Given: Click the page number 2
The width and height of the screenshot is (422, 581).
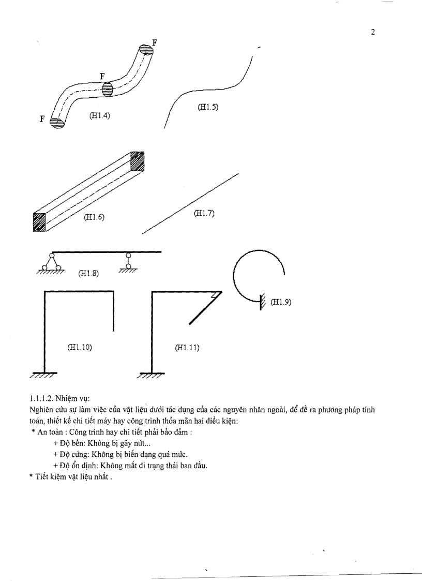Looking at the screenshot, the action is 373,32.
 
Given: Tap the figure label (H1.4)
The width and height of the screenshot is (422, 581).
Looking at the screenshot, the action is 99,116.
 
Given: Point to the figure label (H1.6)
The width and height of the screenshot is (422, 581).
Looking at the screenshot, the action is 94,218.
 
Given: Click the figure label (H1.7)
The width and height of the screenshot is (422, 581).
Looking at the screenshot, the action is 204,213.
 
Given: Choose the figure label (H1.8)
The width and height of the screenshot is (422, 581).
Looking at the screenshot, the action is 88,273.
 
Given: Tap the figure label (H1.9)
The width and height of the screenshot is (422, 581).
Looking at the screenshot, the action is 281,303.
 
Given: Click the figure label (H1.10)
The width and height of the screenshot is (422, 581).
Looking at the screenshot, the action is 80,347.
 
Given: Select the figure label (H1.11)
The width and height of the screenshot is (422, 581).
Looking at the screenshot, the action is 187,348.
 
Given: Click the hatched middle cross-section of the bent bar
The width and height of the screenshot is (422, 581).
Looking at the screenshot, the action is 107,88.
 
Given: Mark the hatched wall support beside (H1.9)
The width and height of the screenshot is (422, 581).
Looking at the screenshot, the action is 263,301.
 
